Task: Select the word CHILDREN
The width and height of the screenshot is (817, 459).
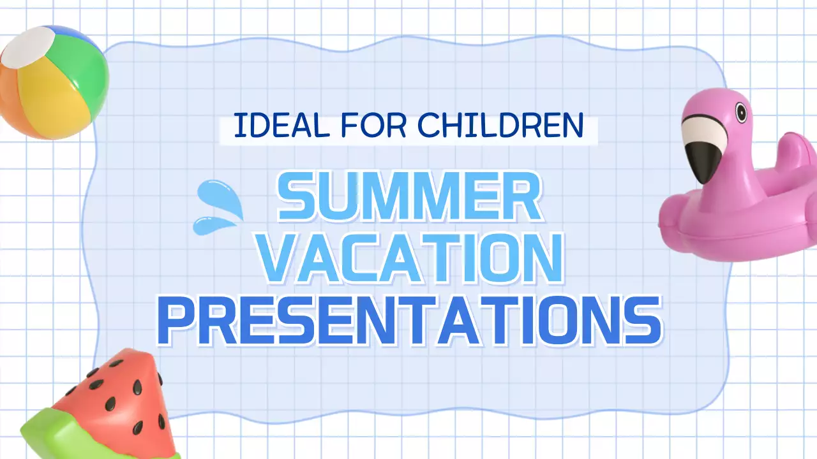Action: (x=500, y=126)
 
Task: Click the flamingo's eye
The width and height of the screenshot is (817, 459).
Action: (x=740, y=113)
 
